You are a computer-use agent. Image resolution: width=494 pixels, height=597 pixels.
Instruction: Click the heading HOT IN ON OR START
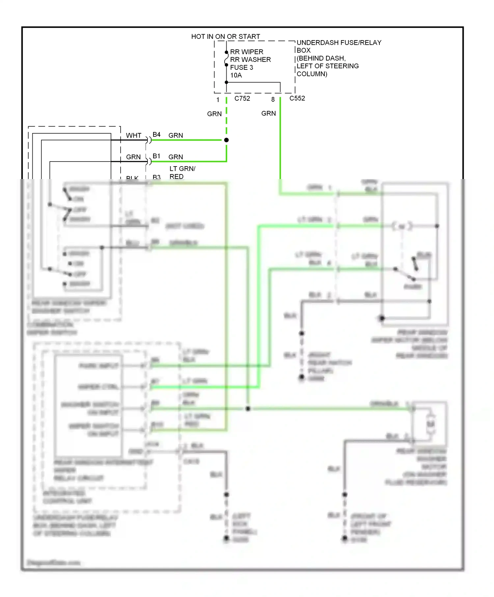pyautogui.click(x=226, y=37)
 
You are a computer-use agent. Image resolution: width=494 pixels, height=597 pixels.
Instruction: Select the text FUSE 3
pyautogui.click(x=241, y=67)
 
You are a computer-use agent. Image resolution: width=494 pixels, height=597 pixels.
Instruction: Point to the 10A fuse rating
pyautogui.click(x=236, y=75)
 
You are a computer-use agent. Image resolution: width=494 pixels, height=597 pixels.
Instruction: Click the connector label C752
pyautogui.click(x=242, y=98)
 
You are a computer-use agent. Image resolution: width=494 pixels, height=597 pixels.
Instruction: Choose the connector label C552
pyautogui.click(x=297, y=98)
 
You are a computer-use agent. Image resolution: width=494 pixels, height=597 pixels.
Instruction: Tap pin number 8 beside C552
pyautogui.click(x=273, y=99)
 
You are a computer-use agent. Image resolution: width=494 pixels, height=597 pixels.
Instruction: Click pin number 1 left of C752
pyautogui.click(x=218, y=100)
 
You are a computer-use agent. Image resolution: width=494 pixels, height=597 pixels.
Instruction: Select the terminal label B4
pyautogui.click(x=156, y=135)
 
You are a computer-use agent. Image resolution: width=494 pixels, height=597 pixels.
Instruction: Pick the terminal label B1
pyautogui.click(x=156, y=156)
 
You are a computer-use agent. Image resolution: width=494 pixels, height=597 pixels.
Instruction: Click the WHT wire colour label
pyautogui.click(x=133, y=136)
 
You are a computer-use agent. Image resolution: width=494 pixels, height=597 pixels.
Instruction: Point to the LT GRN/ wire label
pyautogui.click(x=182, y=169)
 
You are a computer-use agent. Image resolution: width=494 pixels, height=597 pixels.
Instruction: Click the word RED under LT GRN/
pyautogui.click(x=176, y=177)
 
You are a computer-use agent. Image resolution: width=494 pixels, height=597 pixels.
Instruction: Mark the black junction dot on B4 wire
pyautogui.click(x=226, y=140)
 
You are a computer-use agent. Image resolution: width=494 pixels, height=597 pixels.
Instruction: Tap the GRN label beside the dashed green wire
pyautogui.click(x=214, y=114)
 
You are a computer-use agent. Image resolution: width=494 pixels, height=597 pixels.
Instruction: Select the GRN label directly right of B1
pyautogui.click(x=176, y=157)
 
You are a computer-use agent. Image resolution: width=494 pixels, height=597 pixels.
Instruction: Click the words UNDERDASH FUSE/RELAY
pyautogui.click(x=339, y=43)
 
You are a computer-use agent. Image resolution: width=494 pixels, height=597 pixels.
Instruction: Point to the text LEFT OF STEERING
pyautogui.click(x=327, y=66)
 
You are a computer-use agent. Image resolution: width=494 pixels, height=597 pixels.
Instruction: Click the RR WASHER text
pyautogui.click(x=250, y=60)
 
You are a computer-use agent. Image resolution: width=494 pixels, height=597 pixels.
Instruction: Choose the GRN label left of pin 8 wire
pyautogui.click(x=268, y=114)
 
